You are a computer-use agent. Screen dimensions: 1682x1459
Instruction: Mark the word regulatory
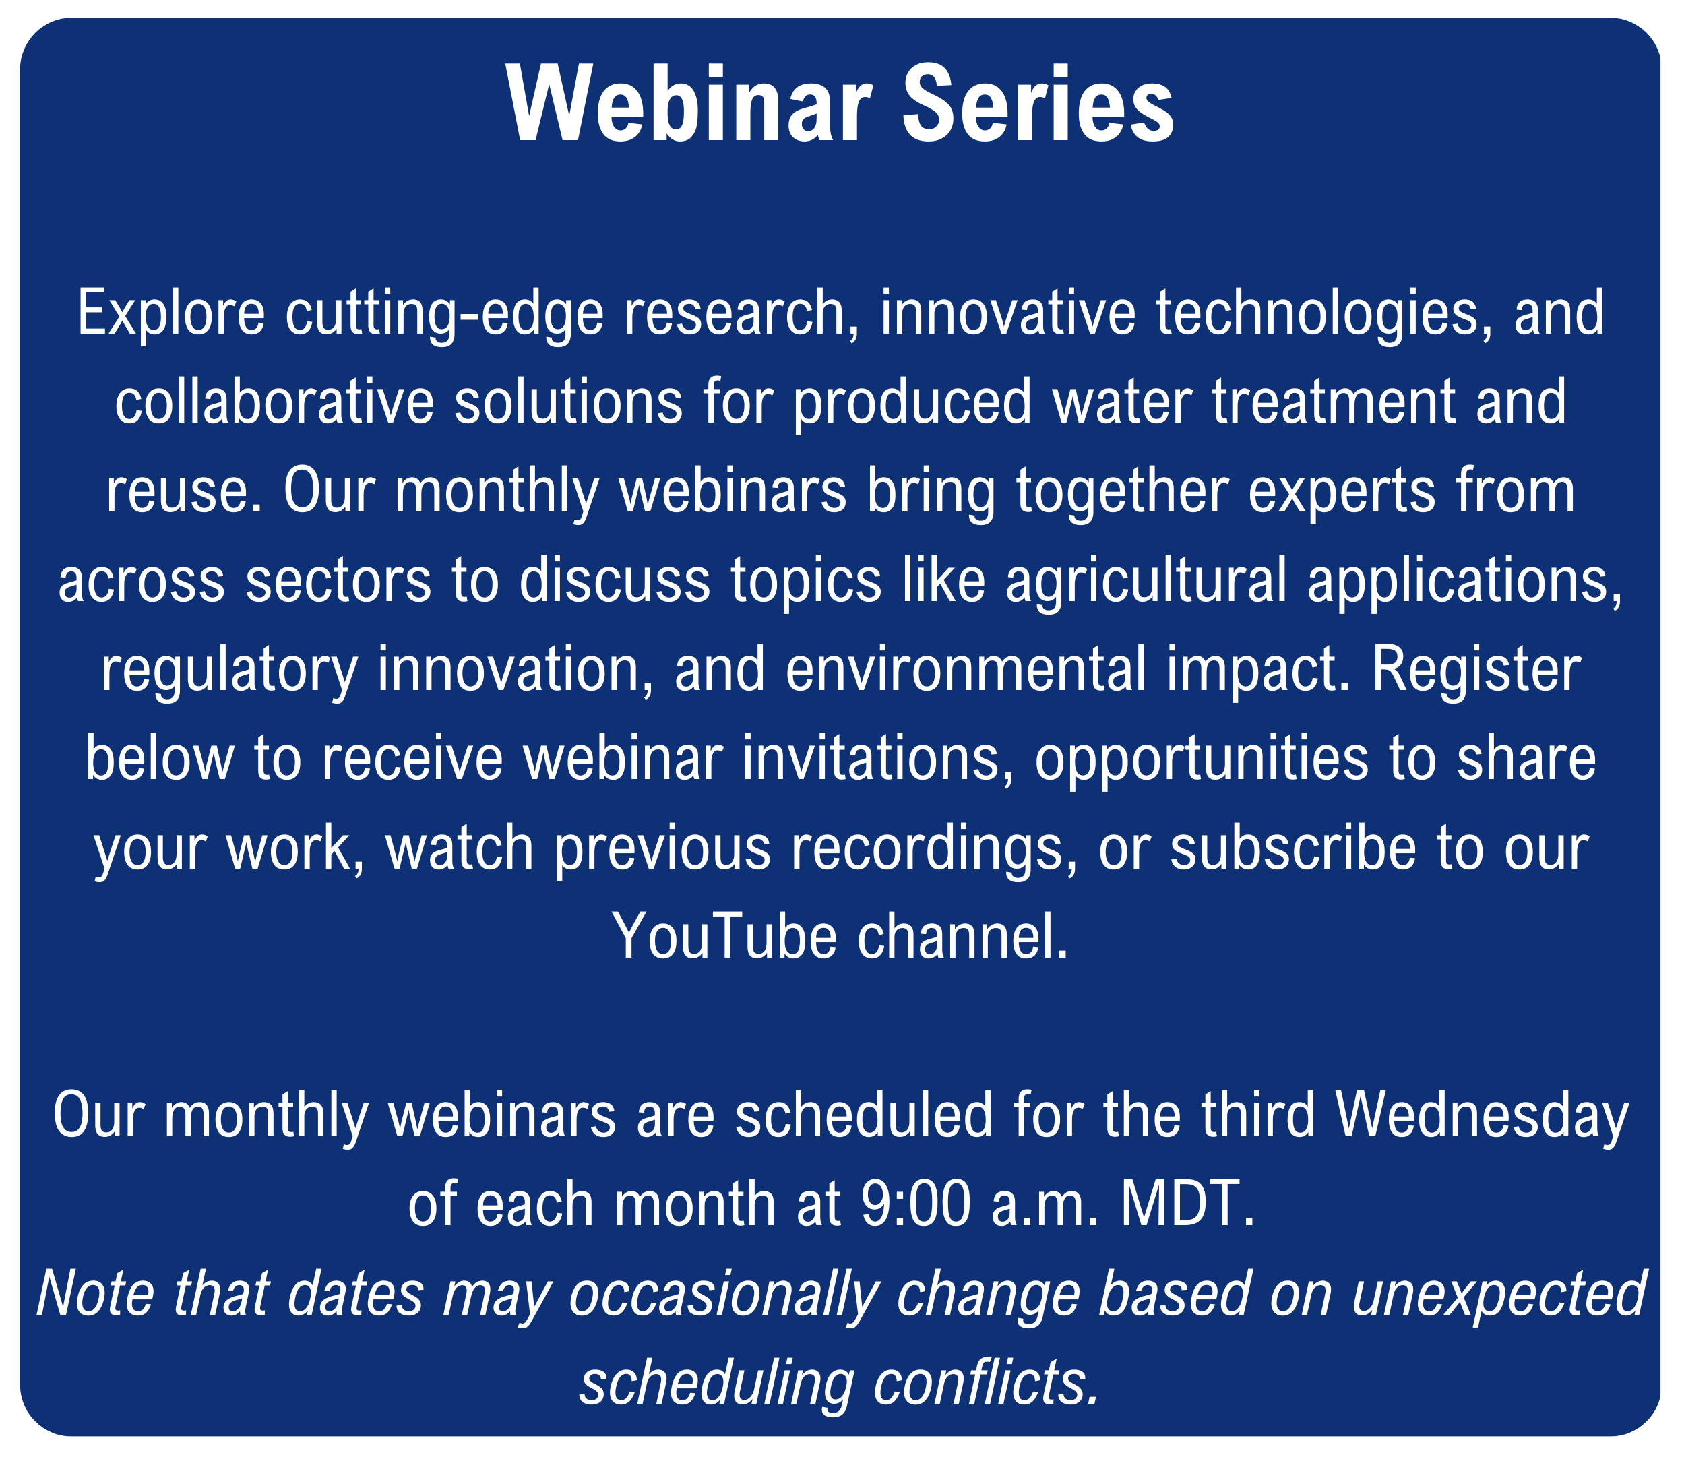tap(228, 671)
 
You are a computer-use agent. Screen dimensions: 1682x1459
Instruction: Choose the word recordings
tap(935, 849)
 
